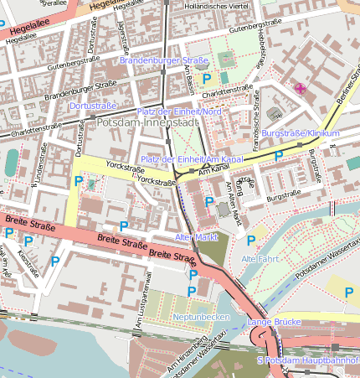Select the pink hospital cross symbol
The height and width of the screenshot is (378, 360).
click(x=299, y=88)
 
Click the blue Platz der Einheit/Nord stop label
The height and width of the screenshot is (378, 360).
click(x=179, y=111)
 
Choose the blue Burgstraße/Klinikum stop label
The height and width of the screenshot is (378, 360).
click(x=301, y=134)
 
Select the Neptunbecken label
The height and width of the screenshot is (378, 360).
click(x=201, y=318)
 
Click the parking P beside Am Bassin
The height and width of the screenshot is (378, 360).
click(x=206, y=78)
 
